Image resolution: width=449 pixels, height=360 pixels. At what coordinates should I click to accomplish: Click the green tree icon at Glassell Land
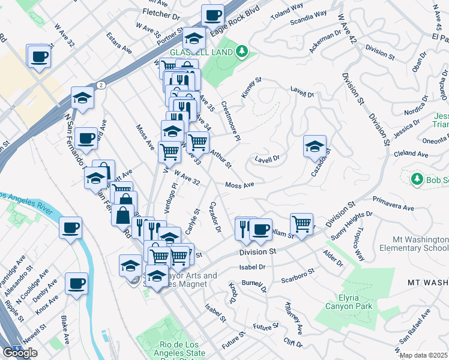click(x=242, y=52)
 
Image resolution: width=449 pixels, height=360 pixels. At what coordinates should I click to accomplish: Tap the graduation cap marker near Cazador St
click(x=315, y=146)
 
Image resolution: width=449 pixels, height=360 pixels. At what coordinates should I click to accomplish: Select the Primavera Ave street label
click(x=393, y=203)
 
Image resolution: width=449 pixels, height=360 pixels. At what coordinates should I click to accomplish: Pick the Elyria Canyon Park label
click(x=349, y=302)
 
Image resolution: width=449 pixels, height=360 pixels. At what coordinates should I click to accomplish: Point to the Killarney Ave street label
click(x=294, y=317)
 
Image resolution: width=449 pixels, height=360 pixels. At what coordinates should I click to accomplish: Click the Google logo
click(x=20, y=353)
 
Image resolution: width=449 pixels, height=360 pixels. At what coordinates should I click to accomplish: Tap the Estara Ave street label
click(x=119, y=45)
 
